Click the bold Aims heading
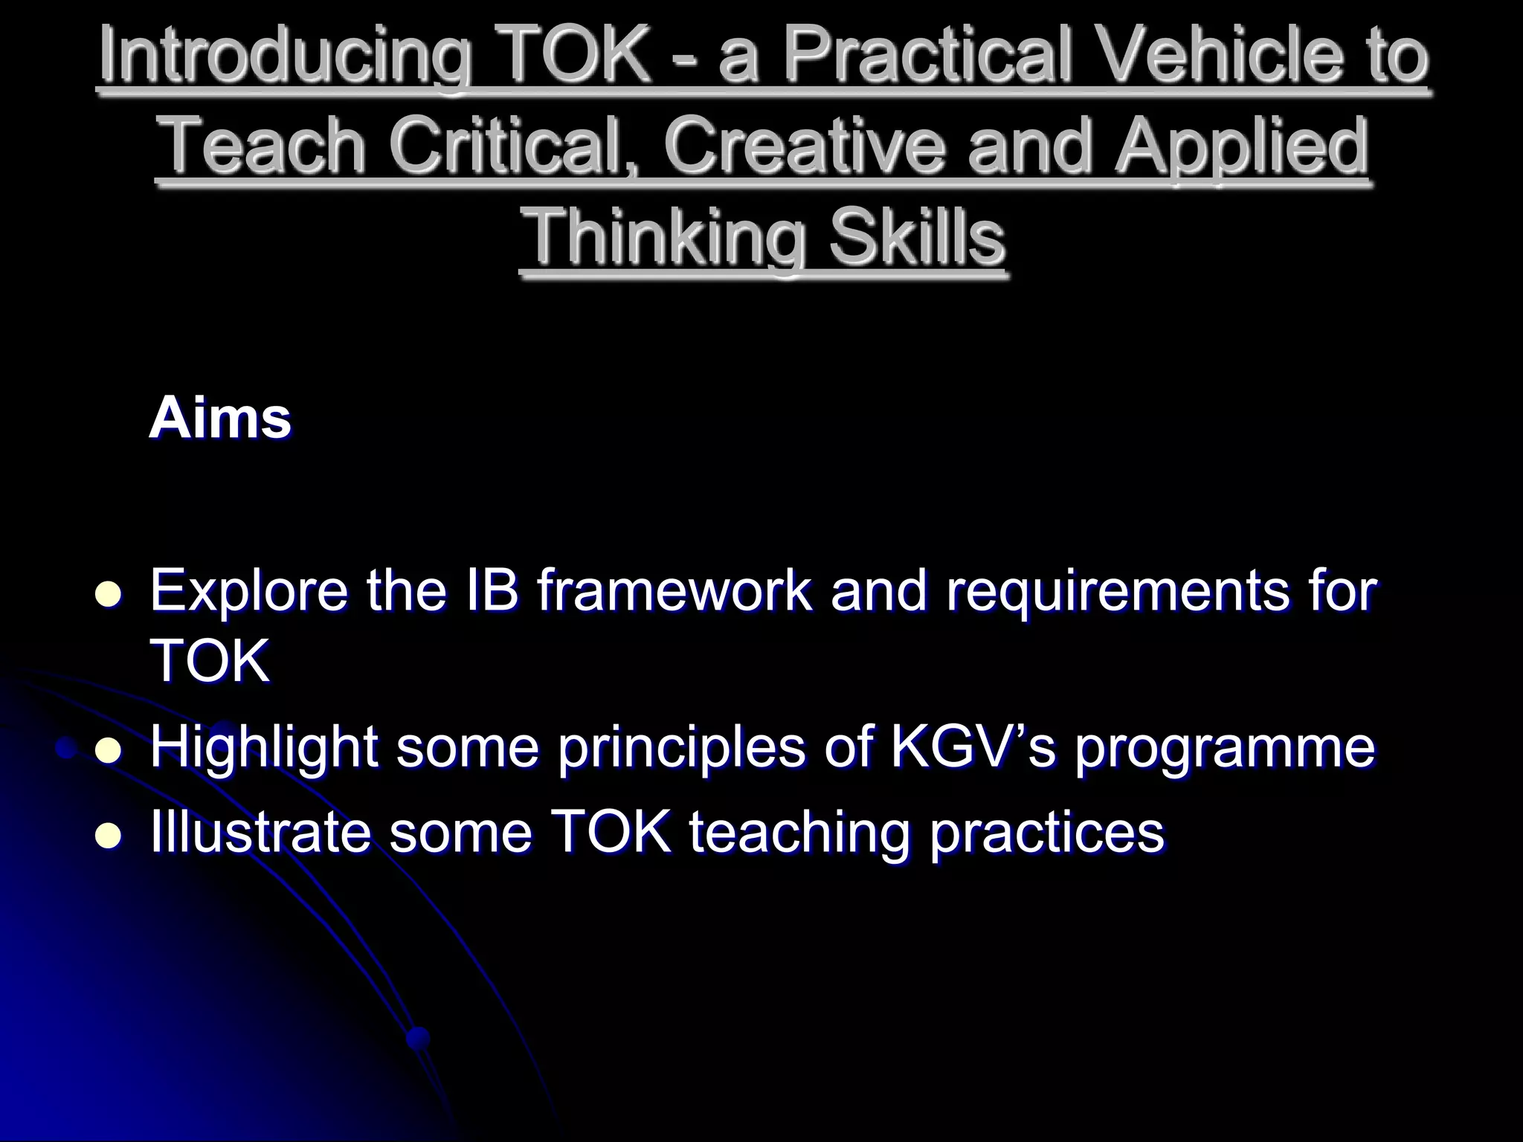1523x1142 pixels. pyautogui.click(x=220, y=419)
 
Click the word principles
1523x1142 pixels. pyautogui.click(x=681, y=749)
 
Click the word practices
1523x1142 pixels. pyautogui.click(x=1047, y=834)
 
